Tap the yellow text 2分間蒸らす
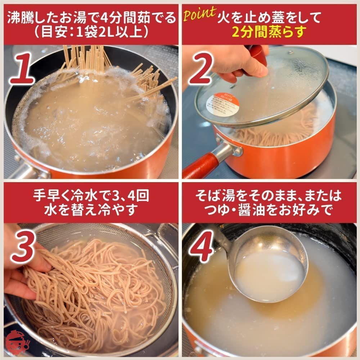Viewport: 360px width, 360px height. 268,32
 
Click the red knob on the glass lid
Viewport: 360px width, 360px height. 258,54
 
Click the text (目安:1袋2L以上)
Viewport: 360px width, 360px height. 91,32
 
